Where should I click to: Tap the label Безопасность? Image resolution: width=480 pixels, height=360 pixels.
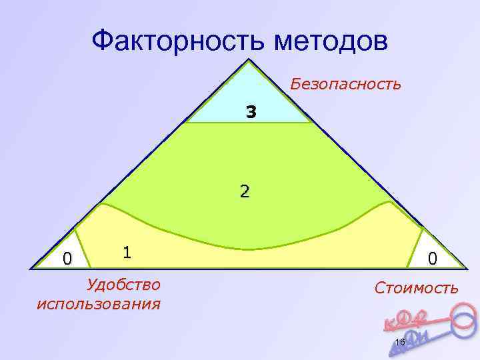(345, 85)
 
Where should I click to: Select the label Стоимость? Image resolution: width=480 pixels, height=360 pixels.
(416, 288)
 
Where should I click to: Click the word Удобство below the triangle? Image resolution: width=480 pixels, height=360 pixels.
(123, 285)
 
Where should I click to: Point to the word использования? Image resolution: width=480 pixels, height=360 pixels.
(99, 304)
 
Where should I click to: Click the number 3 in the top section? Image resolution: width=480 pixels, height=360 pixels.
(250, 112)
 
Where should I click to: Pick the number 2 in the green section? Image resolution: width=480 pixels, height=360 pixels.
(245, 192)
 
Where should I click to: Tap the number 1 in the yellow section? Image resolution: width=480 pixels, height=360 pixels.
(127, 252)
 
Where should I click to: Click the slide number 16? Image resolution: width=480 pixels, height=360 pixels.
(400, 324)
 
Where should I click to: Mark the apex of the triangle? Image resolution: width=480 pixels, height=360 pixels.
(249, 62)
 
